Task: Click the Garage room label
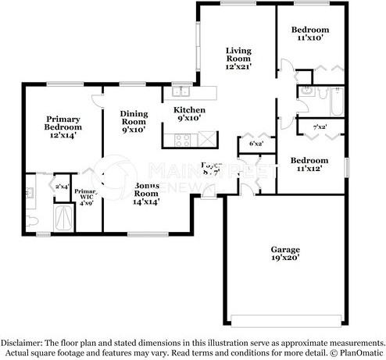pyautogui.click(x=285, y=253)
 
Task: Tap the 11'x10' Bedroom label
pyautogui.click(x=308, y=33)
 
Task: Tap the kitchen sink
pyautogui.click(x=178, y=91)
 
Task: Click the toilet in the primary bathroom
pyautogui.click(x=31, y=220)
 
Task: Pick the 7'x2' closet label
pyautogui.click(x=320, y=127)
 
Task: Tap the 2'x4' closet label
pyautogui.click(x=61, y=186)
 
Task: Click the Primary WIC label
pyautogui.click(x=85, y=196)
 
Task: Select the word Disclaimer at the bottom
pyautogui.click(x=23, y=343)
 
